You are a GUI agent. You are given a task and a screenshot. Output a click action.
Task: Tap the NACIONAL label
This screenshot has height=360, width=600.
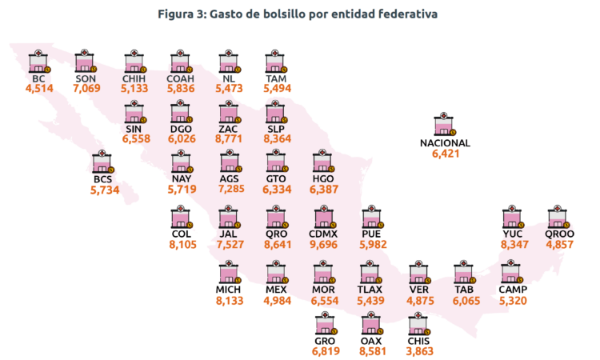point(445,143)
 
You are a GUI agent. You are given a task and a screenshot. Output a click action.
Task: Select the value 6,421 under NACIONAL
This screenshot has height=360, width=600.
point(446,154)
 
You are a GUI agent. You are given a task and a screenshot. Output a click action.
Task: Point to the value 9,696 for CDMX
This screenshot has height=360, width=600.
point(323,245)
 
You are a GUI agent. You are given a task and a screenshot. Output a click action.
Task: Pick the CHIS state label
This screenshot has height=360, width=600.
point(418,341)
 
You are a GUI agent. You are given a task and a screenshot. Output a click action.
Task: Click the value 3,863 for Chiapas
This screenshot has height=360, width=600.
point(420,351)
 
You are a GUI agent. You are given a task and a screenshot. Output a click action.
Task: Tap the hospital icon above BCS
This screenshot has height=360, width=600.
point(103,162)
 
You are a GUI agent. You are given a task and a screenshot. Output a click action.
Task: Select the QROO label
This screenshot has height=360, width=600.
point(559,234)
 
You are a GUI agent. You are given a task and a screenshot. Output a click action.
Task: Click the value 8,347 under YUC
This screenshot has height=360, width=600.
point(514,245)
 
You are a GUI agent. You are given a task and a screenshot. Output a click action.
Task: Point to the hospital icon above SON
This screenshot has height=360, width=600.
point(86,62)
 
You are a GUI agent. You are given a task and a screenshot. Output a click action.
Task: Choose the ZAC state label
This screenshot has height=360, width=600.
point(228,129)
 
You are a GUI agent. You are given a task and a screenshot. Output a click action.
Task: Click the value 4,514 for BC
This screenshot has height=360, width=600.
point(39,88)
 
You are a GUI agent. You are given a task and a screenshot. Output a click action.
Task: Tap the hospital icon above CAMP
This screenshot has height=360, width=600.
point(512,271)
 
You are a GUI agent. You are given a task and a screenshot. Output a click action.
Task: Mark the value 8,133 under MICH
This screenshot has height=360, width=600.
point(230,301)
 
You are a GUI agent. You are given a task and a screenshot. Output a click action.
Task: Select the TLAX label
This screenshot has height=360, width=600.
point(370,290)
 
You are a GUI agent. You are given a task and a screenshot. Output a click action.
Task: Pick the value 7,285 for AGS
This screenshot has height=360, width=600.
point(231,189)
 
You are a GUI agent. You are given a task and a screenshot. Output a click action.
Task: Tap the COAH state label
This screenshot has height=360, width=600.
point(180,79)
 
